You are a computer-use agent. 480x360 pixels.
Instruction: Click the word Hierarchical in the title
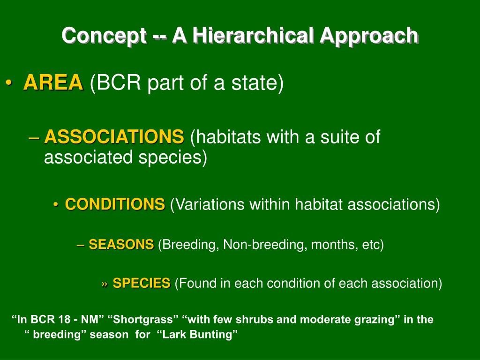(x=253, y=36)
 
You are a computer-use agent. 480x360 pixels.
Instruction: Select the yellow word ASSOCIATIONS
(x=114, y=136)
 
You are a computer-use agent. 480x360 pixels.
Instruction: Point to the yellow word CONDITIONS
(x=115, y=204)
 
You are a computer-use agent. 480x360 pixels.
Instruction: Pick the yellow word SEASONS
(x=121, y=244)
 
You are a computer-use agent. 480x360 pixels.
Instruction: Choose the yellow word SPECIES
(x=142, y=283)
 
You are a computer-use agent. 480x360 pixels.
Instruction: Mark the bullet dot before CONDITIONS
(x=56, y=205)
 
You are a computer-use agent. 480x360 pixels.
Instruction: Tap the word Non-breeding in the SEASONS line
(x=265, y=245)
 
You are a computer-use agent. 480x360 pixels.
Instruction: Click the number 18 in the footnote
(x=64, y=320)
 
